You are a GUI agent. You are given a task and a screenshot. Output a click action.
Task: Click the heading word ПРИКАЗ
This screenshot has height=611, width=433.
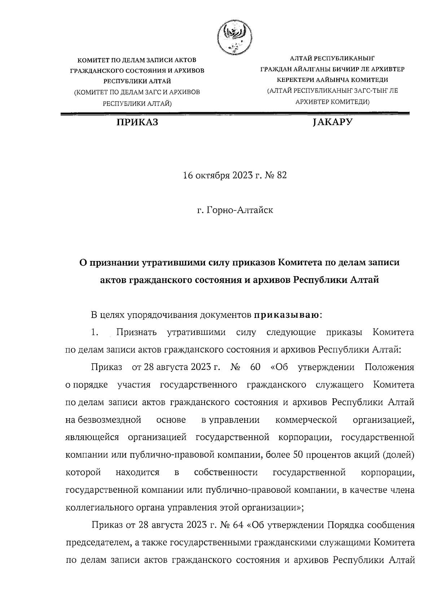137,123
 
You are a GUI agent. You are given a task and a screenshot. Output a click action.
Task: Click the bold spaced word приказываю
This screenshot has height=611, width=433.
287,315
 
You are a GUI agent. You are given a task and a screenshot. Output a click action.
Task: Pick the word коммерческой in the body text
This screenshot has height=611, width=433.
306,420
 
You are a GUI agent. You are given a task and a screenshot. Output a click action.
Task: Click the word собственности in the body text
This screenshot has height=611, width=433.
226,473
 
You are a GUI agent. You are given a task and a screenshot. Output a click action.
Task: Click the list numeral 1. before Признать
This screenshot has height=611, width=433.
95,332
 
